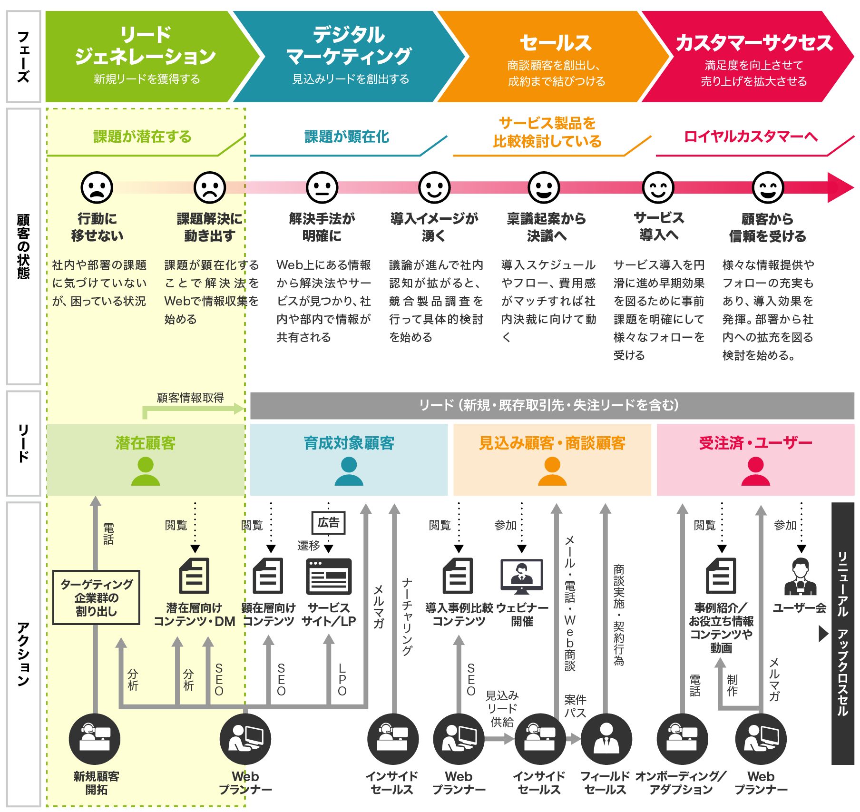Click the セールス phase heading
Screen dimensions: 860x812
(556, 43)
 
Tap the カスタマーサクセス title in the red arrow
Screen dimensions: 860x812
(754, 43)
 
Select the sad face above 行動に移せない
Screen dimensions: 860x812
(97, 187)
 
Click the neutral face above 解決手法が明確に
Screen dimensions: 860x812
(322, 187)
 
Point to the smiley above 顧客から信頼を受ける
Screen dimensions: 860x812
(768, 187)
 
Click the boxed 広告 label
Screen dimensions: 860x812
(328, 523)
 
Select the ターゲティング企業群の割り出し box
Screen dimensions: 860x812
(96, 597)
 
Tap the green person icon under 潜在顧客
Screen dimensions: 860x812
(146, 471)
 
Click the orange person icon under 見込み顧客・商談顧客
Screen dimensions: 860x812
(552, 471)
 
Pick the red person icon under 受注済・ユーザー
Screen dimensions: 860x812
(755, 471)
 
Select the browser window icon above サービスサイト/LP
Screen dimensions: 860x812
(329, 577)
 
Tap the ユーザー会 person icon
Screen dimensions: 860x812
(801, 577)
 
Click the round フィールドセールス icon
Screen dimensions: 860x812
(606, 739)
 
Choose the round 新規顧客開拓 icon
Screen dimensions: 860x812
(95, 739)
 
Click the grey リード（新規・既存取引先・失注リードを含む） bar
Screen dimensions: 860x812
(552, 405)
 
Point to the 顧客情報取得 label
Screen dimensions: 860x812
(190, 398)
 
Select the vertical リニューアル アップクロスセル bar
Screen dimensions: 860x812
(843, 634)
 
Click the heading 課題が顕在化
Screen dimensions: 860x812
(347, 137)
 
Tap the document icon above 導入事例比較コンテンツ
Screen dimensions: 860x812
(458, 576)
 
